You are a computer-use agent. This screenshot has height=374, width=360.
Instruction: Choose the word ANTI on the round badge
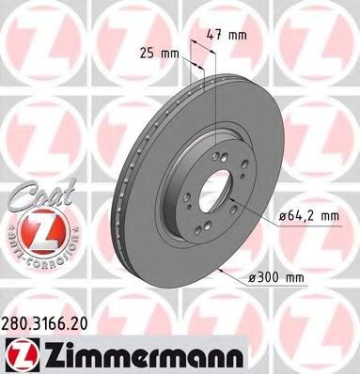coord(12,246)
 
